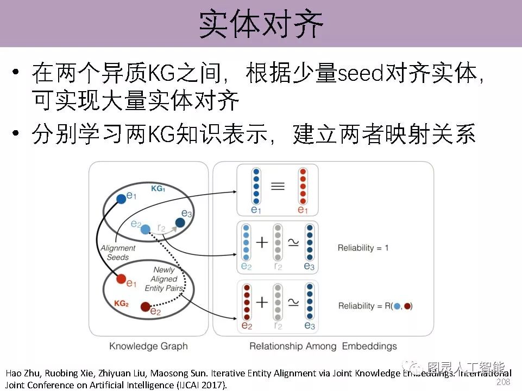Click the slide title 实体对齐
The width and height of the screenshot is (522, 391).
(x=261, y=24)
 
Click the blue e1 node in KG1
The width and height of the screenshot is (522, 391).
(x=121, y=200)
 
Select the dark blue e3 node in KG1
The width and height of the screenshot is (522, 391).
(x=179, y=222)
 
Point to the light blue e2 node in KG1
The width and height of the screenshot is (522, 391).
(x=145, y=230)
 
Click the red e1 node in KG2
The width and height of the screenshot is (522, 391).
(x=122, y=279)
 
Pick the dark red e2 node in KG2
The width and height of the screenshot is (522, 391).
(x=145, y=307)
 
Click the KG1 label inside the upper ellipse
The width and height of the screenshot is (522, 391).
(x=157, y=189)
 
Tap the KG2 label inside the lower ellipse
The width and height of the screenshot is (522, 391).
(x=121, y=304)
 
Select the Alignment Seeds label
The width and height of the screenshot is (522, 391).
(x=118, y=253)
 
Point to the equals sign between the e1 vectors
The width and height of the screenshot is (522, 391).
(x=278, y=187)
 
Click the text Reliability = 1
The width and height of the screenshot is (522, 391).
(x=363, y=248)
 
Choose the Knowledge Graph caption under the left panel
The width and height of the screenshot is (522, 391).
(x=148, y=346)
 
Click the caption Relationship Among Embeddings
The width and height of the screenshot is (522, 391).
(x=323, y=346)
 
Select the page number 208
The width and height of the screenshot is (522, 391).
(x=504, y=382)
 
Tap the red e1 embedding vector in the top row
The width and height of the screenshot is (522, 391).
(x=303, y=186)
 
